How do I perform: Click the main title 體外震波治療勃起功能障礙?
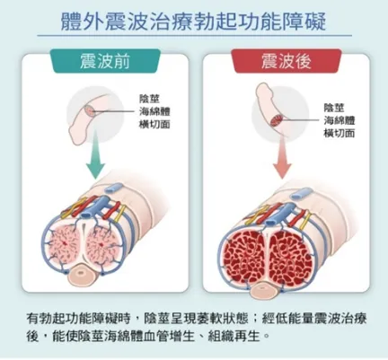(x=193, y=22)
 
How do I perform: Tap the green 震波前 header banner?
(x=104, y=61)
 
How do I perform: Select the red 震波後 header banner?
(x=286, y=61)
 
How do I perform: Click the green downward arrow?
(x=96, y=154)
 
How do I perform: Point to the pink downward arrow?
(x=282, y=156)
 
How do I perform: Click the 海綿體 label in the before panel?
(x=154, y=111)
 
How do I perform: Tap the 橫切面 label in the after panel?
(x=339, y=133)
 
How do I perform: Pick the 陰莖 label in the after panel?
(x=334, y=108)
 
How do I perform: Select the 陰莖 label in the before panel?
(x=150, y=99)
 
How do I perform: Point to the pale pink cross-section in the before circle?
(x=90, y=111)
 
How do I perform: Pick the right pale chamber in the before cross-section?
(x=102, y=244)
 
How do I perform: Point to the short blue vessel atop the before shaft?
(x=113, y=188)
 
